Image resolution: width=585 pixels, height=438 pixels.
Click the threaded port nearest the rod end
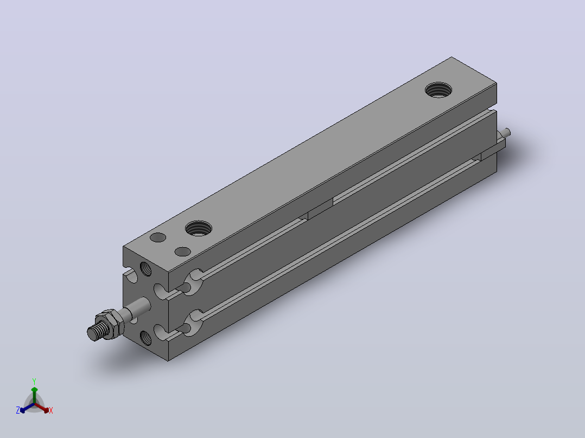click(199, 228)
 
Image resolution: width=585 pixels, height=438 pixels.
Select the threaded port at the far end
click(438, 90)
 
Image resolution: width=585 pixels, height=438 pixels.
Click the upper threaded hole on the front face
click(145, 269)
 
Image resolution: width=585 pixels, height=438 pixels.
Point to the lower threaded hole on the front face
click(145, 338)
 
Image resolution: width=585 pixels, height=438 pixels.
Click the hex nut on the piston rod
click(110, 324)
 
